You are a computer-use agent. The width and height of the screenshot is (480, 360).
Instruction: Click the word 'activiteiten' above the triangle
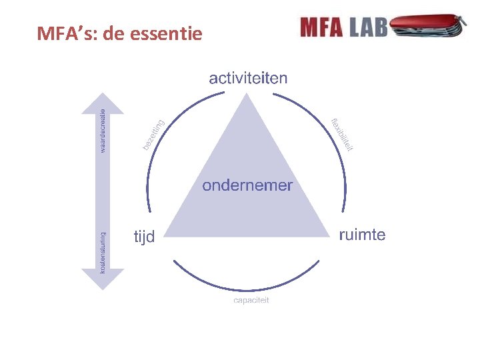coord(248,79)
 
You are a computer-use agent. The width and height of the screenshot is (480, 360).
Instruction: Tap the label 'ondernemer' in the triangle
coord(247,185)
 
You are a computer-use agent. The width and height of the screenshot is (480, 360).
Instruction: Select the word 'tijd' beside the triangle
coord(144,237)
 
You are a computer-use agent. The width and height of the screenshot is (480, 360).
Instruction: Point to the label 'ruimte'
coord(362,235)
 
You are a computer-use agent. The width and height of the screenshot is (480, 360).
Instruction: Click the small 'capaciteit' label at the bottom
coord(251,301)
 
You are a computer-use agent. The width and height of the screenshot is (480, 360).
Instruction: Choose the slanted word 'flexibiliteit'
coord(342,134)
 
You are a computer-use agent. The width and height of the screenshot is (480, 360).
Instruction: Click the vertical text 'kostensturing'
coord(102,252)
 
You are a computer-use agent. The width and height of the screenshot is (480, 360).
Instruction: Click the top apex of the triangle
coord(248,95)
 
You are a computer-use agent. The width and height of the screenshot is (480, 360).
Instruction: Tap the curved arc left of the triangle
coord(149,180)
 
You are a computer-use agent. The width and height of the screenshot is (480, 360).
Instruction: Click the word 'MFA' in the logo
coord(321,27)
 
